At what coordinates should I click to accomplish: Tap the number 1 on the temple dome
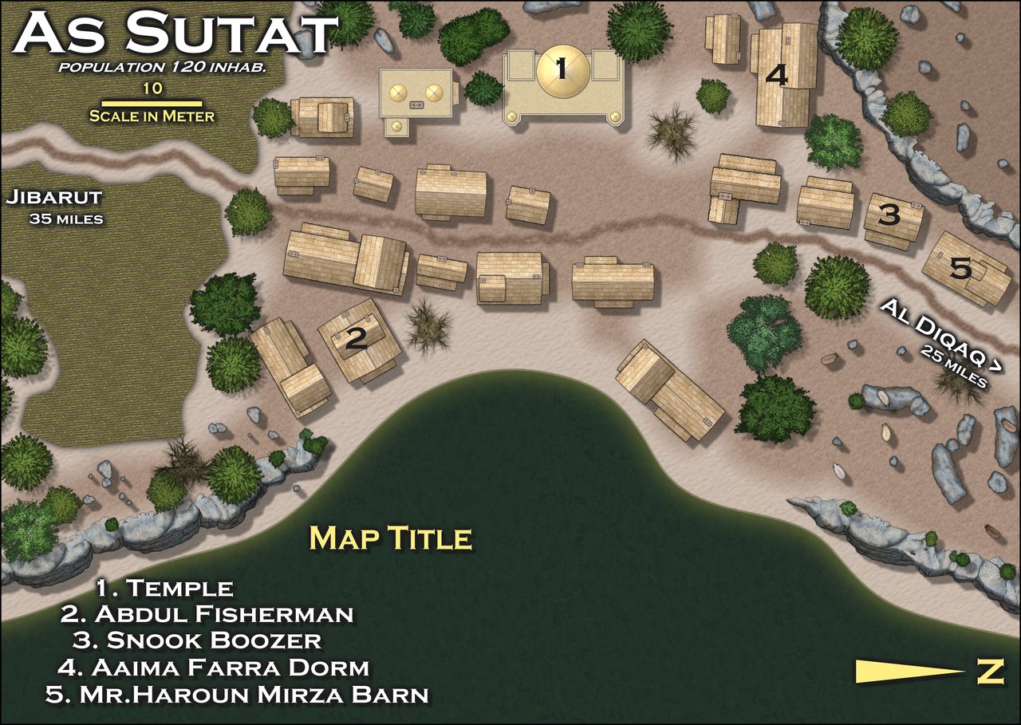pos(561,70)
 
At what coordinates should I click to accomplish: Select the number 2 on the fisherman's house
pos(356,341)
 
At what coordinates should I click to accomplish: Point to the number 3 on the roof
pos(889,215)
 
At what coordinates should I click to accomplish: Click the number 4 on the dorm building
pos(776,76)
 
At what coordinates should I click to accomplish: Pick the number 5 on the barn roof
pos(961,270)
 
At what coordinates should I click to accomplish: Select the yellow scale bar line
pos(152,103)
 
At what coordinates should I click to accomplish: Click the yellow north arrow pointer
pos(909,672)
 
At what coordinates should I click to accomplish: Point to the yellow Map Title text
pos(390,538)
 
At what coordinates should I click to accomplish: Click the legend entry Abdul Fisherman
pos(207,614)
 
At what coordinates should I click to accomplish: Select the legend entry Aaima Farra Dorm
pos(214,667)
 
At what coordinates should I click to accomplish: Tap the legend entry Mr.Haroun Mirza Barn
pos(237,694)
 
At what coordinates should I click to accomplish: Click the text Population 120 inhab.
pos(162,67)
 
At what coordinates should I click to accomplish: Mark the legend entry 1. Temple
pos(165,589)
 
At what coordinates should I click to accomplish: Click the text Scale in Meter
pos(152,116)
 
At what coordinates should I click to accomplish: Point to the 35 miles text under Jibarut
pos(66,218)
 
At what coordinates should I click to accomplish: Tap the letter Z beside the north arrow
pos(990,672)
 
